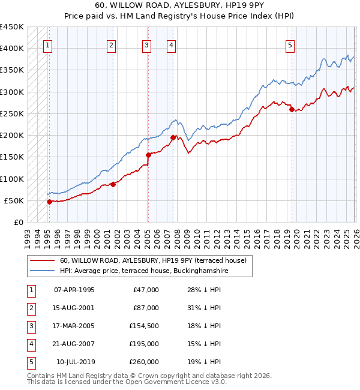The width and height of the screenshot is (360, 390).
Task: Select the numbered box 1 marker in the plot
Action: tap(47, 44)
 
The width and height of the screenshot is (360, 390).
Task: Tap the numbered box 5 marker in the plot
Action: tap(290, 44)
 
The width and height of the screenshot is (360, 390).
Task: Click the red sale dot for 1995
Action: tap(49, 202)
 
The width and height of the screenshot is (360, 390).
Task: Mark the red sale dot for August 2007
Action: tap(172, 137)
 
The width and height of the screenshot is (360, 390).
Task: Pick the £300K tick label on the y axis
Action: tap(12, 92)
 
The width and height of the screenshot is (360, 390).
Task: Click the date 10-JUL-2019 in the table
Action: tap(76, 362)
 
